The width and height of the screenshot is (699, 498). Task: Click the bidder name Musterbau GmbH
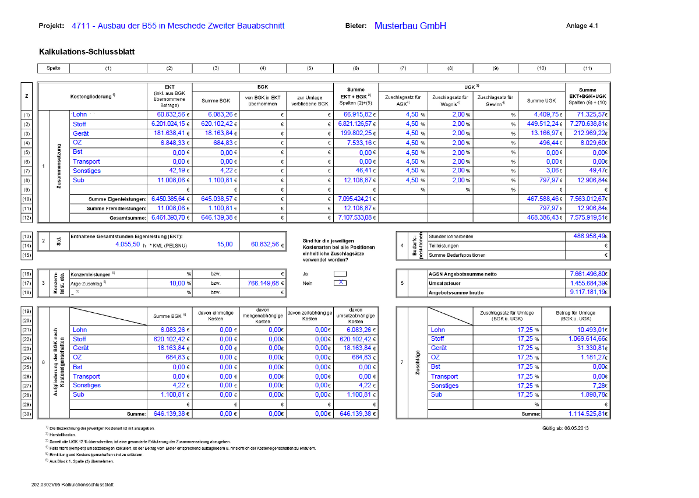410,26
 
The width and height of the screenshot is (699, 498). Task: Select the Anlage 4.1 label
582,26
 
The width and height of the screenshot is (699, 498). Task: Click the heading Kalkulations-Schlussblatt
87,52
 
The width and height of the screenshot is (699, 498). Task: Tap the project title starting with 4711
178,26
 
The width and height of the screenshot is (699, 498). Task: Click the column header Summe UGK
541,100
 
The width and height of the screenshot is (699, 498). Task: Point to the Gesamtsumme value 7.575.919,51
588,217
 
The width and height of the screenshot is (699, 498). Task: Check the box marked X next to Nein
340,282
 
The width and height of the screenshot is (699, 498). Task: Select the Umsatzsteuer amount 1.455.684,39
588,282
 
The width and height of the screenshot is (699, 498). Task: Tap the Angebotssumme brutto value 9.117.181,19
588,292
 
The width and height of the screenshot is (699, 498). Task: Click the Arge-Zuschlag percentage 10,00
176,282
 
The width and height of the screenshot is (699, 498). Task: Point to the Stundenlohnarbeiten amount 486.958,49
588,236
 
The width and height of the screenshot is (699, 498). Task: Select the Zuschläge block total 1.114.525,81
588,414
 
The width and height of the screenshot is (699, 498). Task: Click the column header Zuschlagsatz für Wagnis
450,100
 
